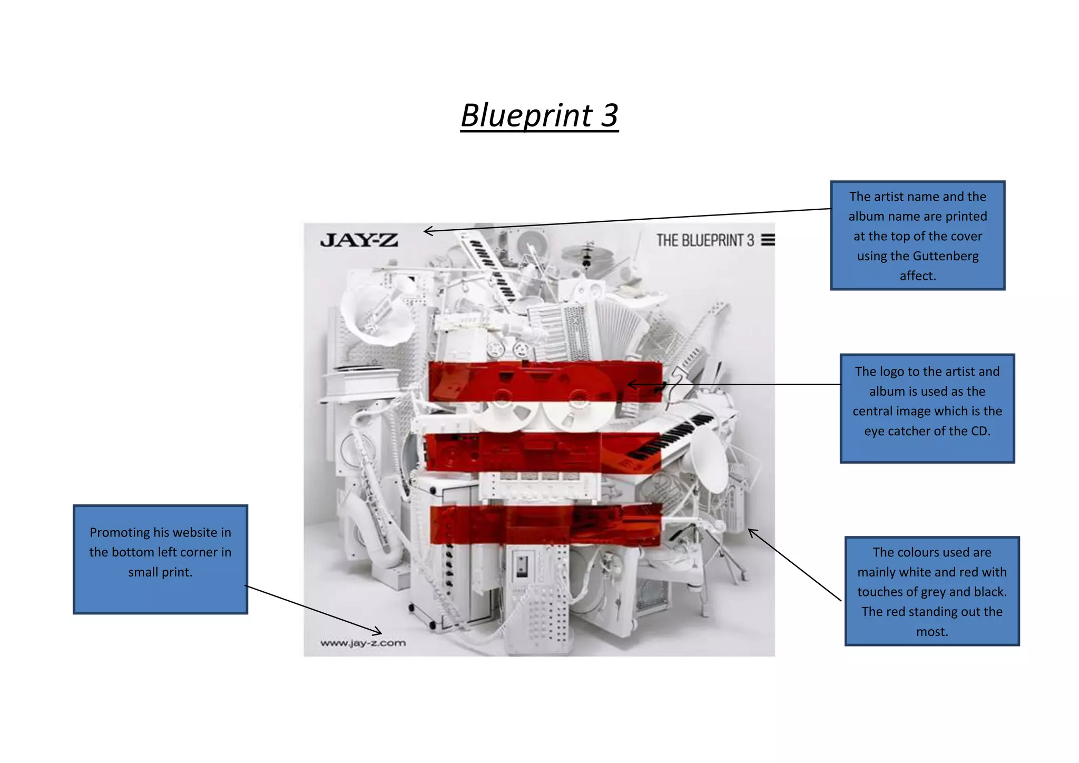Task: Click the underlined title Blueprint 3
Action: [539, 115]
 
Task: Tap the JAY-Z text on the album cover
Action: [359, 240]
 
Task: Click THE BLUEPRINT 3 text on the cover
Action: [705, 240]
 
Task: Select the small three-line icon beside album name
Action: [768, 240]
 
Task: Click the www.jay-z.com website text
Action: [363, 643]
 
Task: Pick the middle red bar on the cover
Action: [543, 452]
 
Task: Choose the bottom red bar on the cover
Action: [545, 524]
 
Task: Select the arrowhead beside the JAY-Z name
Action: [427, 231]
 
